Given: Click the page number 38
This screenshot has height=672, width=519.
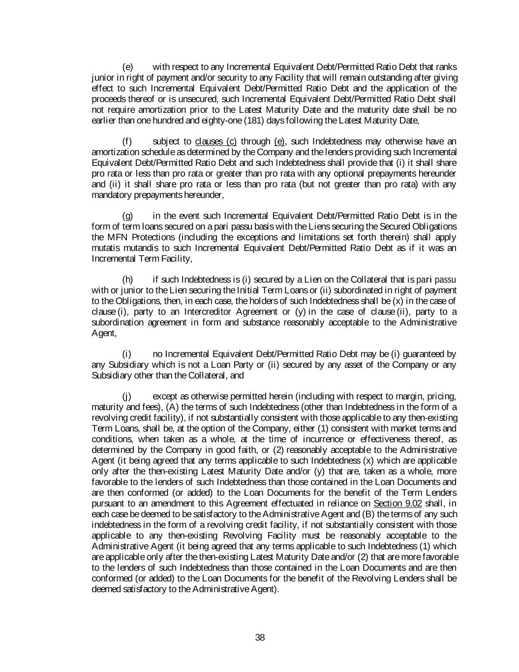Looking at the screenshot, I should [260, 638].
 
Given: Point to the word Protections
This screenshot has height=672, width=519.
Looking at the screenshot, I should [159, 237].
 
